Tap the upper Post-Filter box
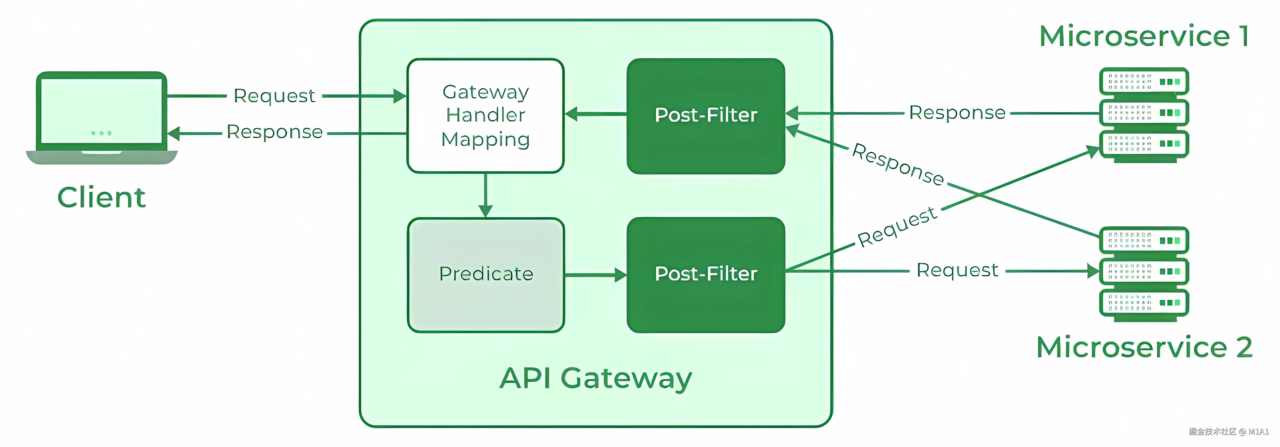click(706, 116)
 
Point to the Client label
click(101, 197)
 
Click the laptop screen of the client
click(101, 111)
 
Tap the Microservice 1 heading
click(1144, 36)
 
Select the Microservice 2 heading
click(1144, 347)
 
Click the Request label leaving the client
click(274, 95)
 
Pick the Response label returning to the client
click(274, 132)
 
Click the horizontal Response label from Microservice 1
click(957, 113)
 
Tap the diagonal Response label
click(898, 164)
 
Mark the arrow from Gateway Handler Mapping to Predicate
click(485, 195)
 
